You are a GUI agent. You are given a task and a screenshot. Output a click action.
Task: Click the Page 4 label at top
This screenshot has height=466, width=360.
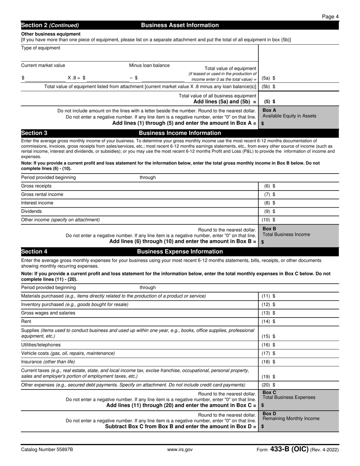(330, 16)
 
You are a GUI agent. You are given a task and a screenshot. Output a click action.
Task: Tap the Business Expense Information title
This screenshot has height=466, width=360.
(180, 252)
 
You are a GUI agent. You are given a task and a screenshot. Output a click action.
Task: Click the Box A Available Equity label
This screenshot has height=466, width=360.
(289, 113)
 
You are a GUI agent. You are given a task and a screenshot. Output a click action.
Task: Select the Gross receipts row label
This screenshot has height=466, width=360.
(36, 186)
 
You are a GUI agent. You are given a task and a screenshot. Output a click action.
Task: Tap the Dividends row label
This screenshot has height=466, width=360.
(31, 211)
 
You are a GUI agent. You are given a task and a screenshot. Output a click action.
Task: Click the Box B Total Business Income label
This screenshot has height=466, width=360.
(286, 232)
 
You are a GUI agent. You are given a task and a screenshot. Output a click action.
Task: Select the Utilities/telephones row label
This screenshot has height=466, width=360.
(41, 345)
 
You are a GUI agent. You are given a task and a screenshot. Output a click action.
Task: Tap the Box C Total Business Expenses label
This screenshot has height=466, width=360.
(288, 395)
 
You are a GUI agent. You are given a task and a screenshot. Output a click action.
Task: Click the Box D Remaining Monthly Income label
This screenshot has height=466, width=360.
(291, 416)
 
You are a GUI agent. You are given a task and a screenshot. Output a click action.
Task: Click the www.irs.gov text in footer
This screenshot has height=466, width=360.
(180, 450)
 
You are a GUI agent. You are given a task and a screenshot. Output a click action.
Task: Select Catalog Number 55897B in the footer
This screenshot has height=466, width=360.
(47, 450)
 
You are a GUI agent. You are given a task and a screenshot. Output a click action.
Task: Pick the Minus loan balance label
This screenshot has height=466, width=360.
(149, 65)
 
